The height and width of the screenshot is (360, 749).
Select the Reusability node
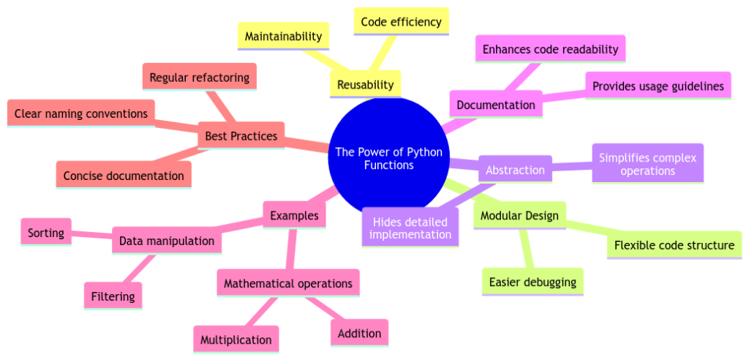(365, 84)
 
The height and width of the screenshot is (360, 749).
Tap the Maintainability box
(283, 36)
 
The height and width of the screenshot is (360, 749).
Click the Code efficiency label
(401, 22)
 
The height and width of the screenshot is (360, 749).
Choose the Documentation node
(495, 105)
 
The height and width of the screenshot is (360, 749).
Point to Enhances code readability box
(550, 50)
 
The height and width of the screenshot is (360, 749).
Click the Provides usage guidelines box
(658, 86)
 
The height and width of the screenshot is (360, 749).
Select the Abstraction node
(515, 170)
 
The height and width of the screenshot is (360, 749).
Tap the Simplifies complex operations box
(647, 164)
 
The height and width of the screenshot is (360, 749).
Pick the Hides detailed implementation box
(410, 227)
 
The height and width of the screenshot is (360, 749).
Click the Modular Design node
(519, 216)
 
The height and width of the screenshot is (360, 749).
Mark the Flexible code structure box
(674, 245)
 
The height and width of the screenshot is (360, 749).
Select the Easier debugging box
(532, 282)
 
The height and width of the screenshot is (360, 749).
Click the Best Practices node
(241, 136)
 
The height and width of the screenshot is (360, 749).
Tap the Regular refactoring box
(198, 78)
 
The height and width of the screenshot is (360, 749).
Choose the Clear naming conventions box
(80, 113)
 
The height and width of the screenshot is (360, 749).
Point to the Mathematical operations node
(287, 283)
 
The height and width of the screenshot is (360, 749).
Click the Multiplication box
(236, 340)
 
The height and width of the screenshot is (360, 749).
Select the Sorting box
(46, 233)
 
